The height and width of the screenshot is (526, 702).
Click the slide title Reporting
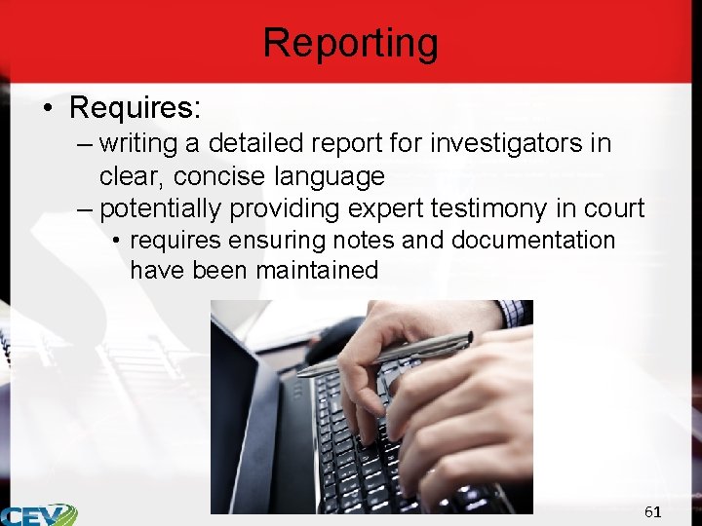[x=351, y=43]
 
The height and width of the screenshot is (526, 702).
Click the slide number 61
[x=652, y=511]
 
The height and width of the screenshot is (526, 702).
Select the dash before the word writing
[x=84, y=145]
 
